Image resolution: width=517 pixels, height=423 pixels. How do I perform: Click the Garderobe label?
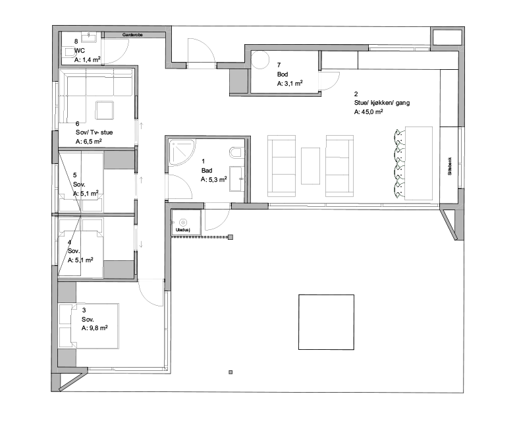[132, 35]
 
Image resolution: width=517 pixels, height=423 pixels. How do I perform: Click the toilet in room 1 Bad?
[236, 152]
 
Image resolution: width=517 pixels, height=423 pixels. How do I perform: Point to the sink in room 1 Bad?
[237, 179]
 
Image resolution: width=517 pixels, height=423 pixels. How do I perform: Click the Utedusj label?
[183, 230]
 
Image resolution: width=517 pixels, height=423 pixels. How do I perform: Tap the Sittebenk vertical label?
[450, 166]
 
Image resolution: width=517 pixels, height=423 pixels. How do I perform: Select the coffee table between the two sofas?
[310, 166]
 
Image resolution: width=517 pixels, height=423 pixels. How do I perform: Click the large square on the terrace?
[326, 322]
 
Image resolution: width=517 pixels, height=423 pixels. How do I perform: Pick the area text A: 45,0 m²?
[369, 112]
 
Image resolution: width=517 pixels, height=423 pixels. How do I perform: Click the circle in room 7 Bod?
[261, 60]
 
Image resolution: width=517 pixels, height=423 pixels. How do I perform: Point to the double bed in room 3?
[89, 326]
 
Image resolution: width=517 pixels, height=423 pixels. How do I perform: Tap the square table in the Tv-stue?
[105, 110]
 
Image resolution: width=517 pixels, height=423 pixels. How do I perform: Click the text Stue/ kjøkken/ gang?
[382, 103]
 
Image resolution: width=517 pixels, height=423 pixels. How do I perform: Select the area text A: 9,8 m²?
[95, 328]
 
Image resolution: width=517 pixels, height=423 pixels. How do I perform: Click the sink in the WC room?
[89, 37]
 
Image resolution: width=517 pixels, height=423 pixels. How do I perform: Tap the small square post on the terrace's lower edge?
[231, 372]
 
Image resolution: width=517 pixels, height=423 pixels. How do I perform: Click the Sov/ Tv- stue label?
[94, 132]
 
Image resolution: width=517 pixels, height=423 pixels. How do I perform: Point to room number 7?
[279, 65]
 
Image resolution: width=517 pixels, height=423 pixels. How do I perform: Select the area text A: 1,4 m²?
[88, 60]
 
